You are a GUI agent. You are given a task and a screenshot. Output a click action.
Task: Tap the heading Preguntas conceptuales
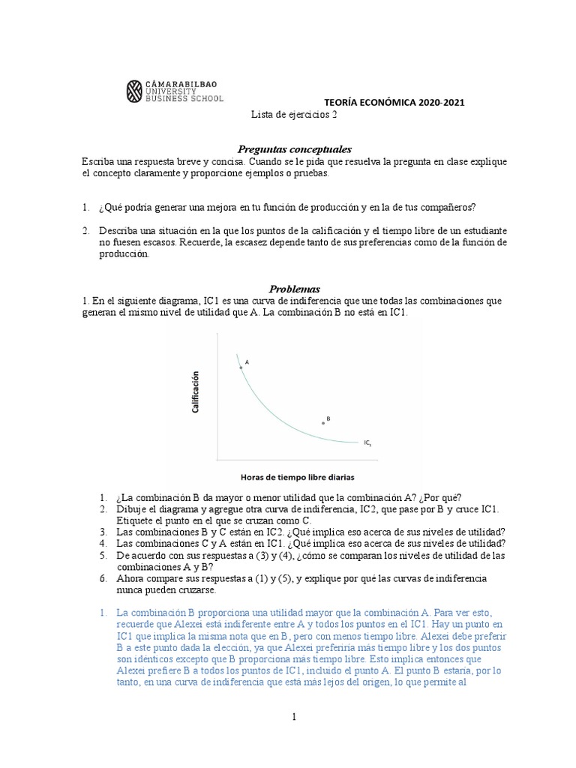pyautogui.click(x=289, y=149)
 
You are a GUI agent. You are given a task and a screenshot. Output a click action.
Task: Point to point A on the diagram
pyautogui.click(x=241, y=367)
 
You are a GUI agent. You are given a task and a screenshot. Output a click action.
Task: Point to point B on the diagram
pyautogui.click(x=323, y=423)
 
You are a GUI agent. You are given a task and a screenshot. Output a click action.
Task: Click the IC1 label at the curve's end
pyautogui.click(x=367, y=443)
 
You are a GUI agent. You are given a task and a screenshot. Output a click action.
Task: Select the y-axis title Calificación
pyautogui.click(x=196, y=392)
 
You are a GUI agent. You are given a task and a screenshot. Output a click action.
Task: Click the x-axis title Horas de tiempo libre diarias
pyautogui.click(x=297, y=476)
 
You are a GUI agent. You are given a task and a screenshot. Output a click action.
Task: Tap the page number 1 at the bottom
pyautogui.click(x=295, y=717)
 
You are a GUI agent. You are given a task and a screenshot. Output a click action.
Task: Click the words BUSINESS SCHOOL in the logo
pyautogui.click(x=183, y=97)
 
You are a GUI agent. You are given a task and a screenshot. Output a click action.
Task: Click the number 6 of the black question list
pyautogui.click(x=103, y=579)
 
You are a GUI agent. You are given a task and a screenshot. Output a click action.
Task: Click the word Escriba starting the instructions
pyautogui.click(x=99, y=161)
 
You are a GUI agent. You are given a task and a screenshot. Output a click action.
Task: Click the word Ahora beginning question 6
pyautogui.click(x=130, y=579)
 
